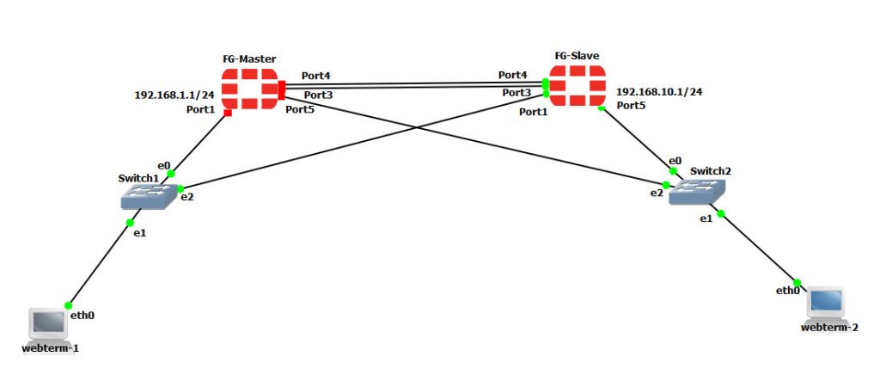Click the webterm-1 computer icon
click(x=49, y=324)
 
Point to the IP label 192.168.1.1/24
click(x=174, y=95)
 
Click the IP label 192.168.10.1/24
click(x=659, y=91)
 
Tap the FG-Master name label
click(x=249, y=58)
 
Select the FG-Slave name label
click(x=577, y=56)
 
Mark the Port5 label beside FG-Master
click(x=301, y=109)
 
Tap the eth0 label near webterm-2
click(x=788, y=291)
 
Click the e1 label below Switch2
click(x=706, y=219)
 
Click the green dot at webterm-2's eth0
click(x=797, y=282)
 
